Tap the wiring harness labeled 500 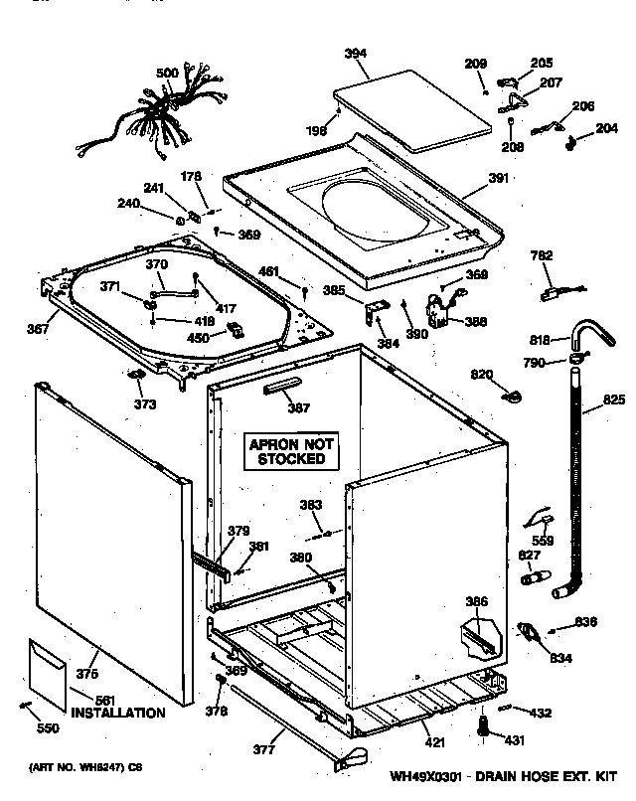[167, 111]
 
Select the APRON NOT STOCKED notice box [292, 451]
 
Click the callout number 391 [498, 178]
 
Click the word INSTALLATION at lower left [117, 713]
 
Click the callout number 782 [542, 256]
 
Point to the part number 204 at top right [606, 128]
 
